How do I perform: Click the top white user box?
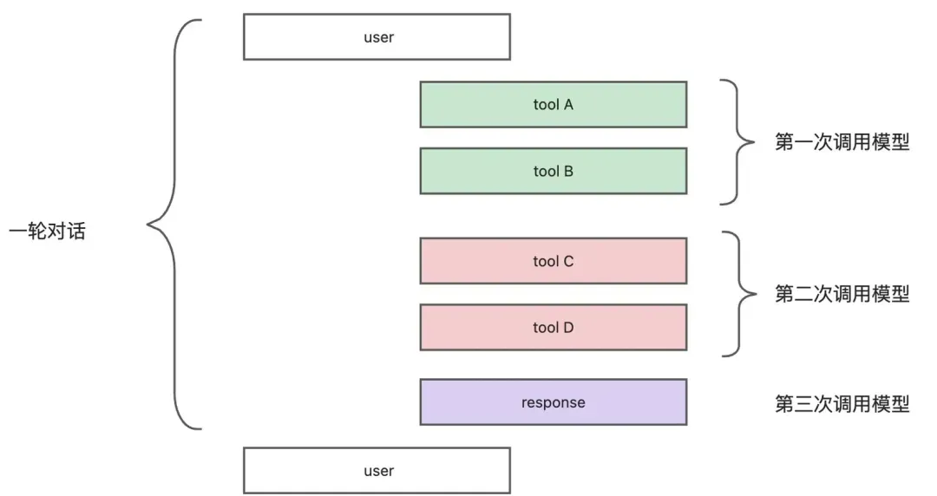tap(377, 37)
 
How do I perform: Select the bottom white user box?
tap(377, 470)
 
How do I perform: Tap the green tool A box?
tap(554, 105)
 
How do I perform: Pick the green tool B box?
tap(554, 171)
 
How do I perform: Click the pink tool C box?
tap(554, 261)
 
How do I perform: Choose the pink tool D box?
tap(554, 328)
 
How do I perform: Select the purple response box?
tap(554, 402)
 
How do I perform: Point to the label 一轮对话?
tap(47, 231)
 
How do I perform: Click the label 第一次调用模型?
tap(842, 142)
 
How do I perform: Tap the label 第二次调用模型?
tap(842, 294)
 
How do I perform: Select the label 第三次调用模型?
tap(842, 404)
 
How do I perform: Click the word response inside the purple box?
tap(554, 402)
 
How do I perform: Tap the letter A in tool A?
tap(567, 105)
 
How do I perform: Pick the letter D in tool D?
tap(568, 328)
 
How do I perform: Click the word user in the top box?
tap(379, 37)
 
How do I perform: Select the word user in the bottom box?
tap(379, 471)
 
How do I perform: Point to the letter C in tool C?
tap(568, 261)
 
